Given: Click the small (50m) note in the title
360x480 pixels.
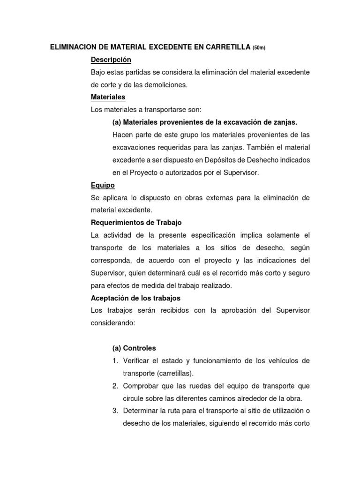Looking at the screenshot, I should tap(259, 48).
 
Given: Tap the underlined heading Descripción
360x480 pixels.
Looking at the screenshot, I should tap(111, 60).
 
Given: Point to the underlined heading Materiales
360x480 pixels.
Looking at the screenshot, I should tap(108, 97).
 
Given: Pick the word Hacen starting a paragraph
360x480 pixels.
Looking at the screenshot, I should tap(122, 135).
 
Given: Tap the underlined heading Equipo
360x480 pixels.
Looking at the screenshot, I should tap(103, 185).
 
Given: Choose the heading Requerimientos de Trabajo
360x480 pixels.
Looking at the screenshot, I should tap(136, 223).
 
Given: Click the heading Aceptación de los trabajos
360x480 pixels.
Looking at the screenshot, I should tap(135, 298).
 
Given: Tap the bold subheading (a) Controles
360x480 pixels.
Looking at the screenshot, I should tap(134, 348).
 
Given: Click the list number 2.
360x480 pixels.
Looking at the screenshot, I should tap(114, 386).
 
